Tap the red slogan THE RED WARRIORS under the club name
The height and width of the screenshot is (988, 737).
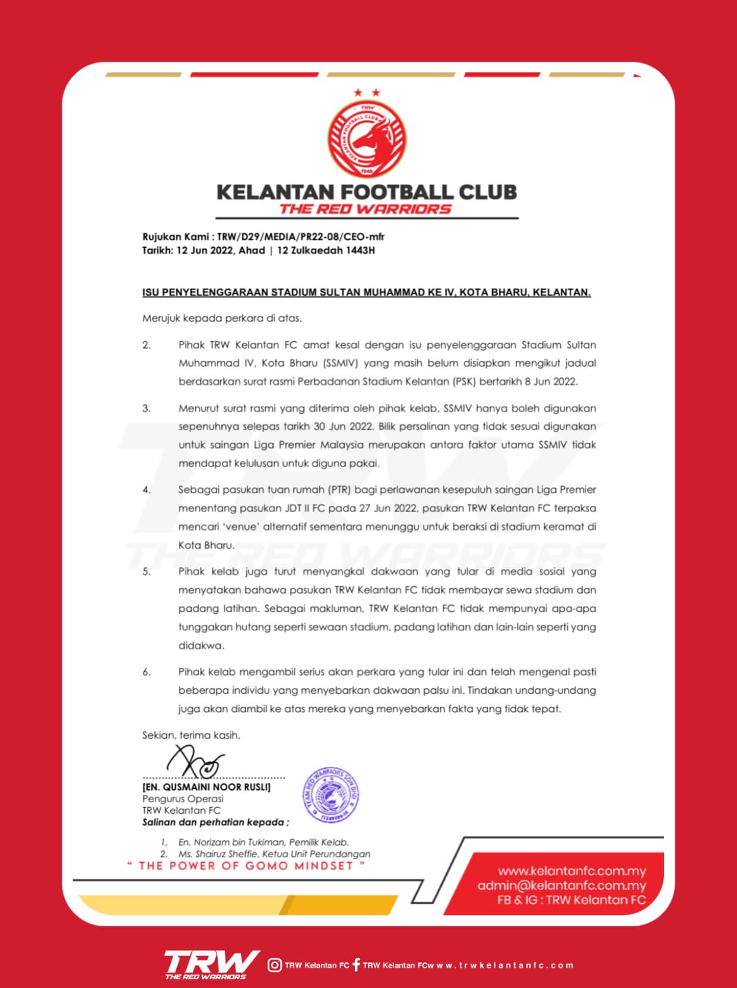click(x=366, y=209)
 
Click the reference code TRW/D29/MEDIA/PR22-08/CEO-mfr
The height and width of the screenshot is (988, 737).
click(x=301, y=236)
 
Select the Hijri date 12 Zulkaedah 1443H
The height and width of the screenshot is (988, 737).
click(x=326, y=250)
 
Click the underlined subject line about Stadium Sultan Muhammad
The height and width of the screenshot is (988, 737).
click(x=366, y=293)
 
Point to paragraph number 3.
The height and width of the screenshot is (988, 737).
click(x=147, y=408)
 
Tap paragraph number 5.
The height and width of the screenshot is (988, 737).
click(x=147, y=572)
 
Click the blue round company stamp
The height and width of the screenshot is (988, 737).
click(x=331, y=795)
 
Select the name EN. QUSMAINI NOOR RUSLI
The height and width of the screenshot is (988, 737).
click(x=207, y=787)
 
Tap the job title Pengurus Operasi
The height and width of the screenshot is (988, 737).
click(x=183, y=799)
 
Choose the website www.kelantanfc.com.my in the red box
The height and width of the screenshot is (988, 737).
click(x=571, y=871)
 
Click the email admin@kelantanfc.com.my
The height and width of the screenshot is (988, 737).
click(x=561, y=885)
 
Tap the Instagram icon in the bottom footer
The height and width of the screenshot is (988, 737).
click(x=275, y=965)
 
